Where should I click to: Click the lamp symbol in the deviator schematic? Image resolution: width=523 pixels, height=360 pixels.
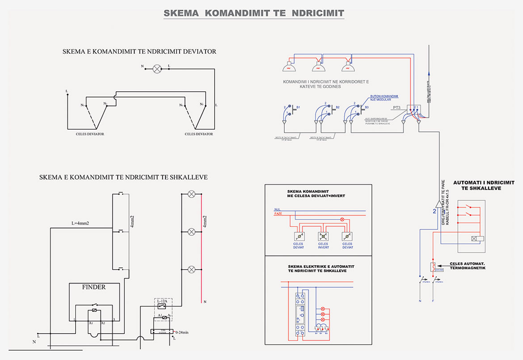156,68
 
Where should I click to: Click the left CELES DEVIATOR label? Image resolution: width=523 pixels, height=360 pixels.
90,134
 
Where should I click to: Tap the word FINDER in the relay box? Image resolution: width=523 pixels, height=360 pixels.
94,287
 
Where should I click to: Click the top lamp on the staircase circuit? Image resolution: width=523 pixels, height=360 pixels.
191,194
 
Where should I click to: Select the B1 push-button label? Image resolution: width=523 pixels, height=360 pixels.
299,107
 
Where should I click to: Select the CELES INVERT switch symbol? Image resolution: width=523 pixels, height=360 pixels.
323,237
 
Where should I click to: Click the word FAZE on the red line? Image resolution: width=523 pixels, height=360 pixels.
278,215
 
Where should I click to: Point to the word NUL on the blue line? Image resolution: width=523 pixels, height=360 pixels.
277,209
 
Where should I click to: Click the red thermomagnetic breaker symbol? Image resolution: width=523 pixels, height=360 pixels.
433,267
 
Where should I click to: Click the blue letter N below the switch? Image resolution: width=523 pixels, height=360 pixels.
420,301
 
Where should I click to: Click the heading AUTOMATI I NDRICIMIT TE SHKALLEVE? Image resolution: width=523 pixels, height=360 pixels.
484,186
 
